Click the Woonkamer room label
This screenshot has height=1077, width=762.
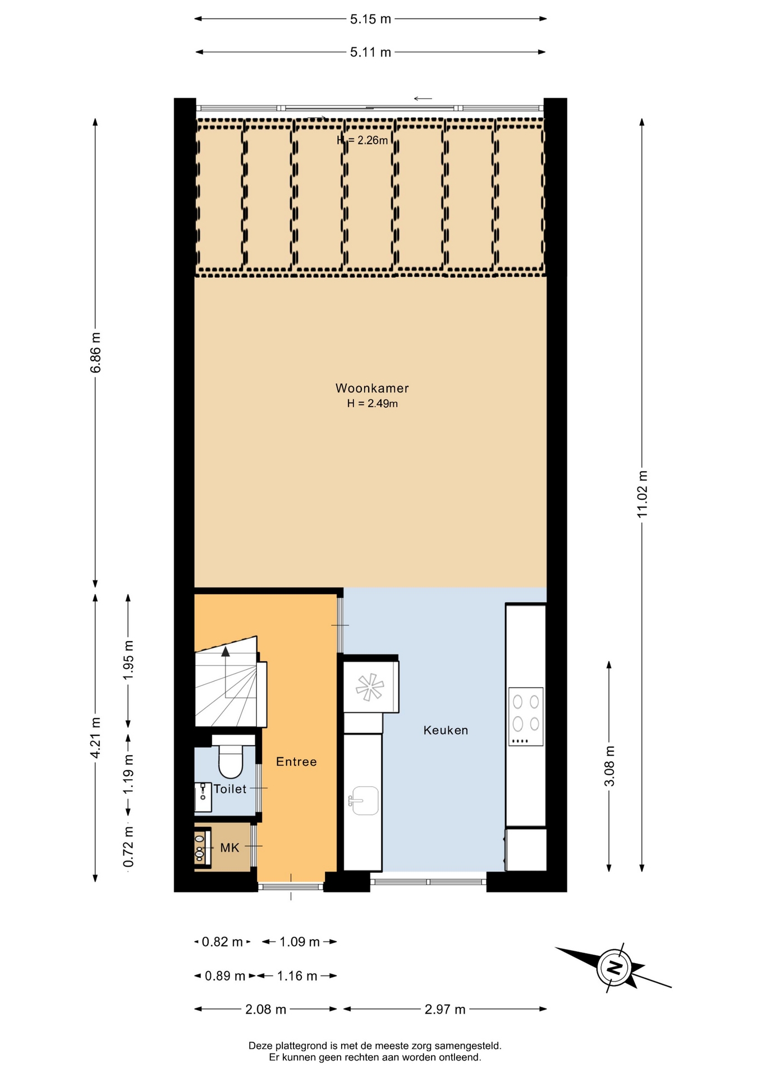click(372, 388)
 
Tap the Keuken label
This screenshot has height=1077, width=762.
click(446, 730)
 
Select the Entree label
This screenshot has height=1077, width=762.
click(296, 762)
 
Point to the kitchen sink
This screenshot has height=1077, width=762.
click(364, 800)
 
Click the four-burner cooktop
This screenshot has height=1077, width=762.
click(526, 716)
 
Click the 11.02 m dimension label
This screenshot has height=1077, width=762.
click(642, 494)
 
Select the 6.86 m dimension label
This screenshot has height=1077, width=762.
click(95, 352)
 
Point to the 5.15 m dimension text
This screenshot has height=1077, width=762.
click(370, 19)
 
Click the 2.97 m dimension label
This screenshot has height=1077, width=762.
click(445, 1009)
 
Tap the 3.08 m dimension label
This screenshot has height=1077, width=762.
click(609, 766)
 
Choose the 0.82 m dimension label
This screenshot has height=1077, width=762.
click(222, 942)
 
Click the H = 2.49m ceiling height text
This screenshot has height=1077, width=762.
click(373, 403)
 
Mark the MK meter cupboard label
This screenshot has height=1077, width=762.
click(229, 848)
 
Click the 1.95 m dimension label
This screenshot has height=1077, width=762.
click(128, 660)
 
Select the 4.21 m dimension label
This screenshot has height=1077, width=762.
click(95, 738)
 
